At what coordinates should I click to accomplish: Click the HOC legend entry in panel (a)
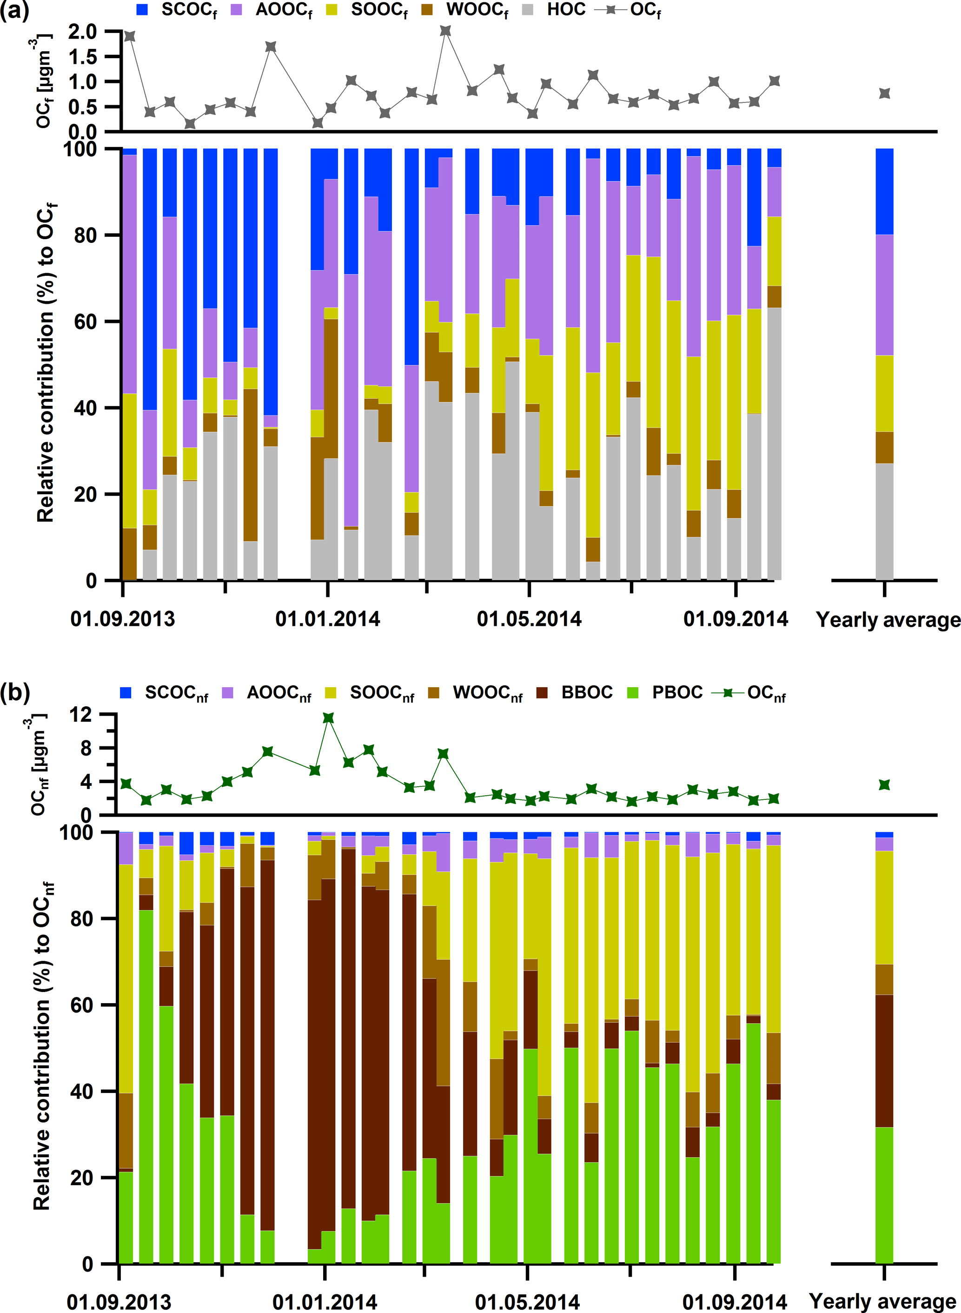[565, 10]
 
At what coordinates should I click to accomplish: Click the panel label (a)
[14, 11]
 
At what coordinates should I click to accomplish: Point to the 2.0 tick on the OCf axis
[83, 32]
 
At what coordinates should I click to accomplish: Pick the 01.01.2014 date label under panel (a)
[327, 619]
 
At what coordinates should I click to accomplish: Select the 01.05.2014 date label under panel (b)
[527, 1302]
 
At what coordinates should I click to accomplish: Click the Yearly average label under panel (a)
[888, 620]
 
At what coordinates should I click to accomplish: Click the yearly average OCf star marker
[884, 94]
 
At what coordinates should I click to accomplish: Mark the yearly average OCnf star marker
[884, 785]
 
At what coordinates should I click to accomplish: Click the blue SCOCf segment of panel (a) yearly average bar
[884, 192]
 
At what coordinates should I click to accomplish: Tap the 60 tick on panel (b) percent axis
[81, 1005]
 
